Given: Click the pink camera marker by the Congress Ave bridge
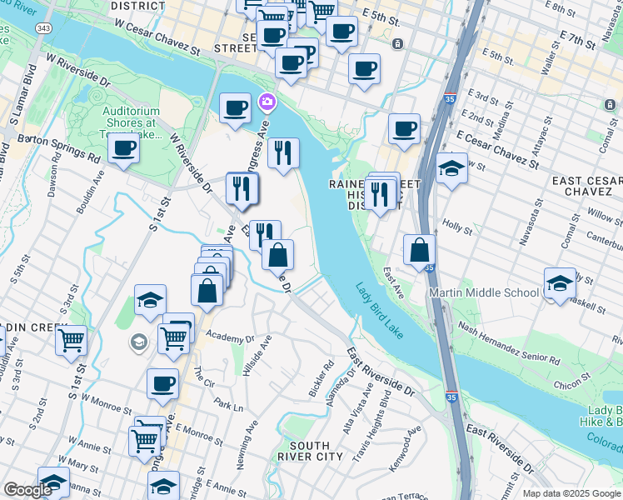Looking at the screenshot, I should click(x=267, y=102).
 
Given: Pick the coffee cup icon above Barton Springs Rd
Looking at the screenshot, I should click(x=123, y=149).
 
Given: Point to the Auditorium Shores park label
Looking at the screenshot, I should click(x=132, y=122).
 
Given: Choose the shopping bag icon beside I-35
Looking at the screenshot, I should click(x=420, y=249).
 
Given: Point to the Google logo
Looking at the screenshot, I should click(x=27, y=490).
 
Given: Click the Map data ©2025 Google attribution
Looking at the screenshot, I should click(x=571, y=493).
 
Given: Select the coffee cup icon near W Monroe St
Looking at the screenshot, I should click(x=163, y=384).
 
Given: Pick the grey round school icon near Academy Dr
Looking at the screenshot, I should click(x=138, y=342).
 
